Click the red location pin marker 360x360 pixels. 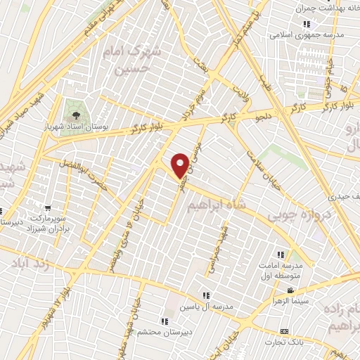(x=180, y=165)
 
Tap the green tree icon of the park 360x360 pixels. (x=74, y=110)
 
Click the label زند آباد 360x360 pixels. (x=31, y=262)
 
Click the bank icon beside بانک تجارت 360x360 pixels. (x=284, y=331)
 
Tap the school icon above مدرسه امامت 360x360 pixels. (x=281, y=254)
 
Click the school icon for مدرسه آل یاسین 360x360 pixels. (x=206, y=296)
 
